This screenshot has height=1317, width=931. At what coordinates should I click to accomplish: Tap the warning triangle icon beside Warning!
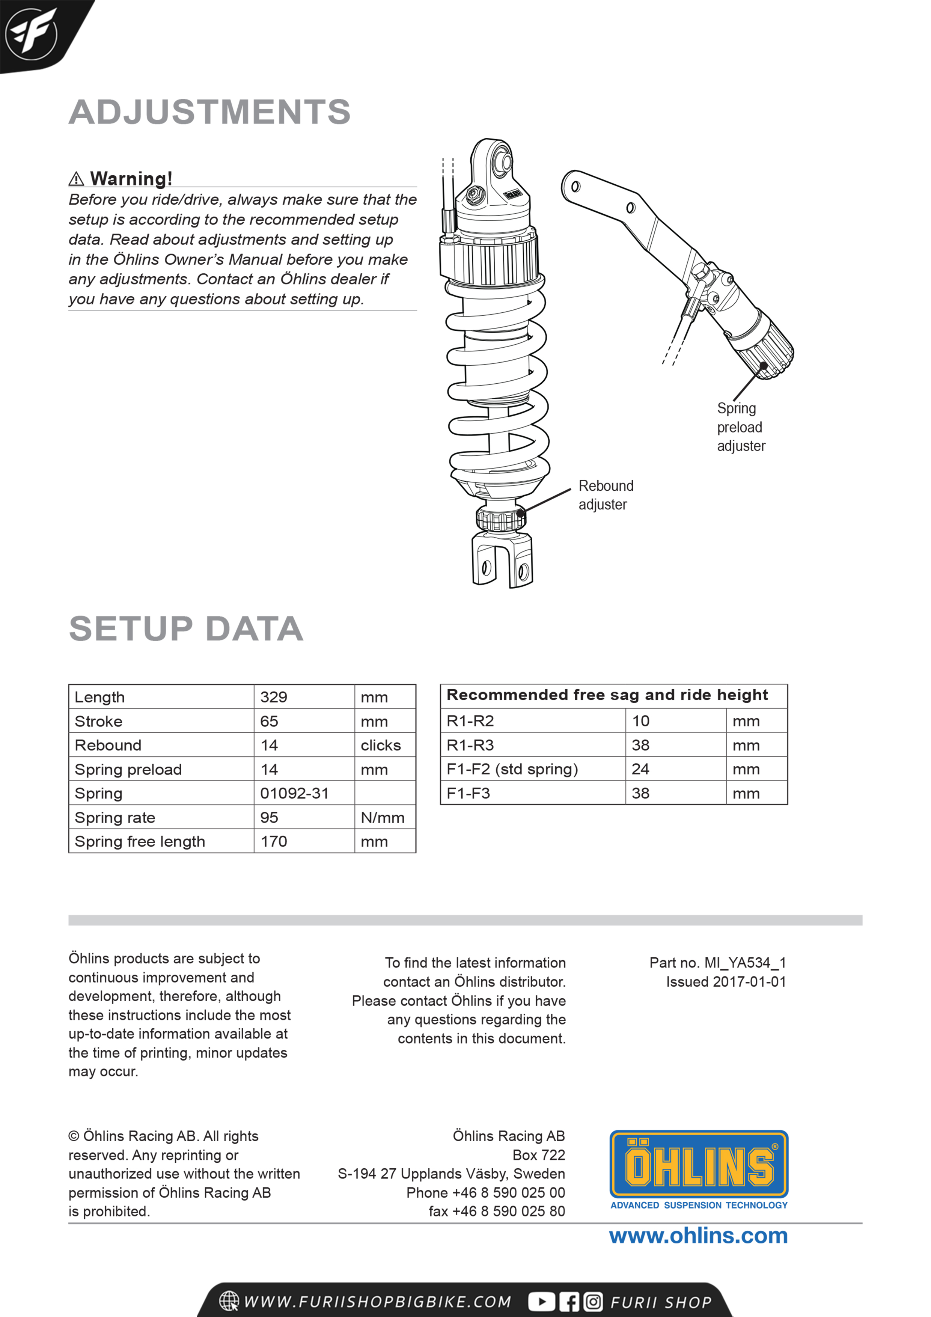(76, 179)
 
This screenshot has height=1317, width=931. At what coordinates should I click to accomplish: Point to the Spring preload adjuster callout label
(741, 427)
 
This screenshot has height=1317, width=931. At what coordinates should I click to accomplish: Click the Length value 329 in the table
(274, 698)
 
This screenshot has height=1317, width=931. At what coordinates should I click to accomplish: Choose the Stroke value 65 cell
(269, 722)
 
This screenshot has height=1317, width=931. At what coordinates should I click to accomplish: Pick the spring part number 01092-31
(294, 794)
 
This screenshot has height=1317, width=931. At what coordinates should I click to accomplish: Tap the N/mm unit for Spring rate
(383, 818)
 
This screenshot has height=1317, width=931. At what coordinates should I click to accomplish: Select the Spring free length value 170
(274, 842)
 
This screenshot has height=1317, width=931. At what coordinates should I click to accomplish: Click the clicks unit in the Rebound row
(380, 746)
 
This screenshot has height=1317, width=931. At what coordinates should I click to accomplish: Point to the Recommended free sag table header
(607, 695)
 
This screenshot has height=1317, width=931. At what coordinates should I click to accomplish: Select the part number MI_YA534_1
(744, 963)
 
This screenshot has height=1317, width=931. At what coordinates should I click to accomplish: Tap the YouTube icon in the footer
(541, 1302)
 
